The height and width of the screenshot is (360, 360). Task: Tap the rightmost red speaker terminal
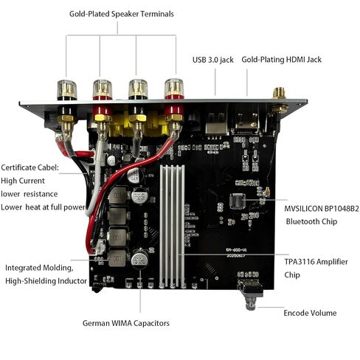pyautogui.click(x=174, y=89)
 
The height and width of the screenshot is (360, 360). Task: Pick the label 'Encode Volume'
pyautogui.click(x=310, y=313)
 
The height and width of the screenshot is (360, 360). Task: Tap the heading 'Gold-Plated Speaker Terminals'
pyautogui.click(x=122, y=13)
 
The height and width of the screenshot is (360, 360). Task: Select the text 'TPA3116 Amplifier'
pyautogui.click(x=316, y=262)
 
